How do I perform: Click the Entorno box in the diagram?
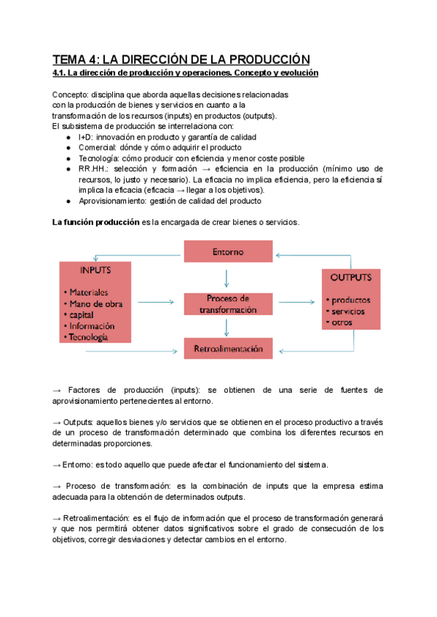[x=228, y=252]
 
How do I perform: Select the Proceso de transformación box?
[x=228, y=304]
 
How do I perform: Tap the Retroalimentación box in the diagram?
[x=228, y=349]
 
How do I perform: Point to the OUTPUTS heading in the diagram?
[x=351, y=277]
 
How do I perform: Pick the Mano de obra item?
[x=95, y=303]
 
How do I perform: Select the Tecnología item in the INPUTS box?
[x=88, y=337]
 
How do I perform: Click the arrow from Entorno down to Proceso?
[x=228, y=277]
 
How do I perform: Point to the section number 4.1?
[x=59, y=73]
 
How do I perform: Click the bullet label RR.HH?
[x=92, y=168]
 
